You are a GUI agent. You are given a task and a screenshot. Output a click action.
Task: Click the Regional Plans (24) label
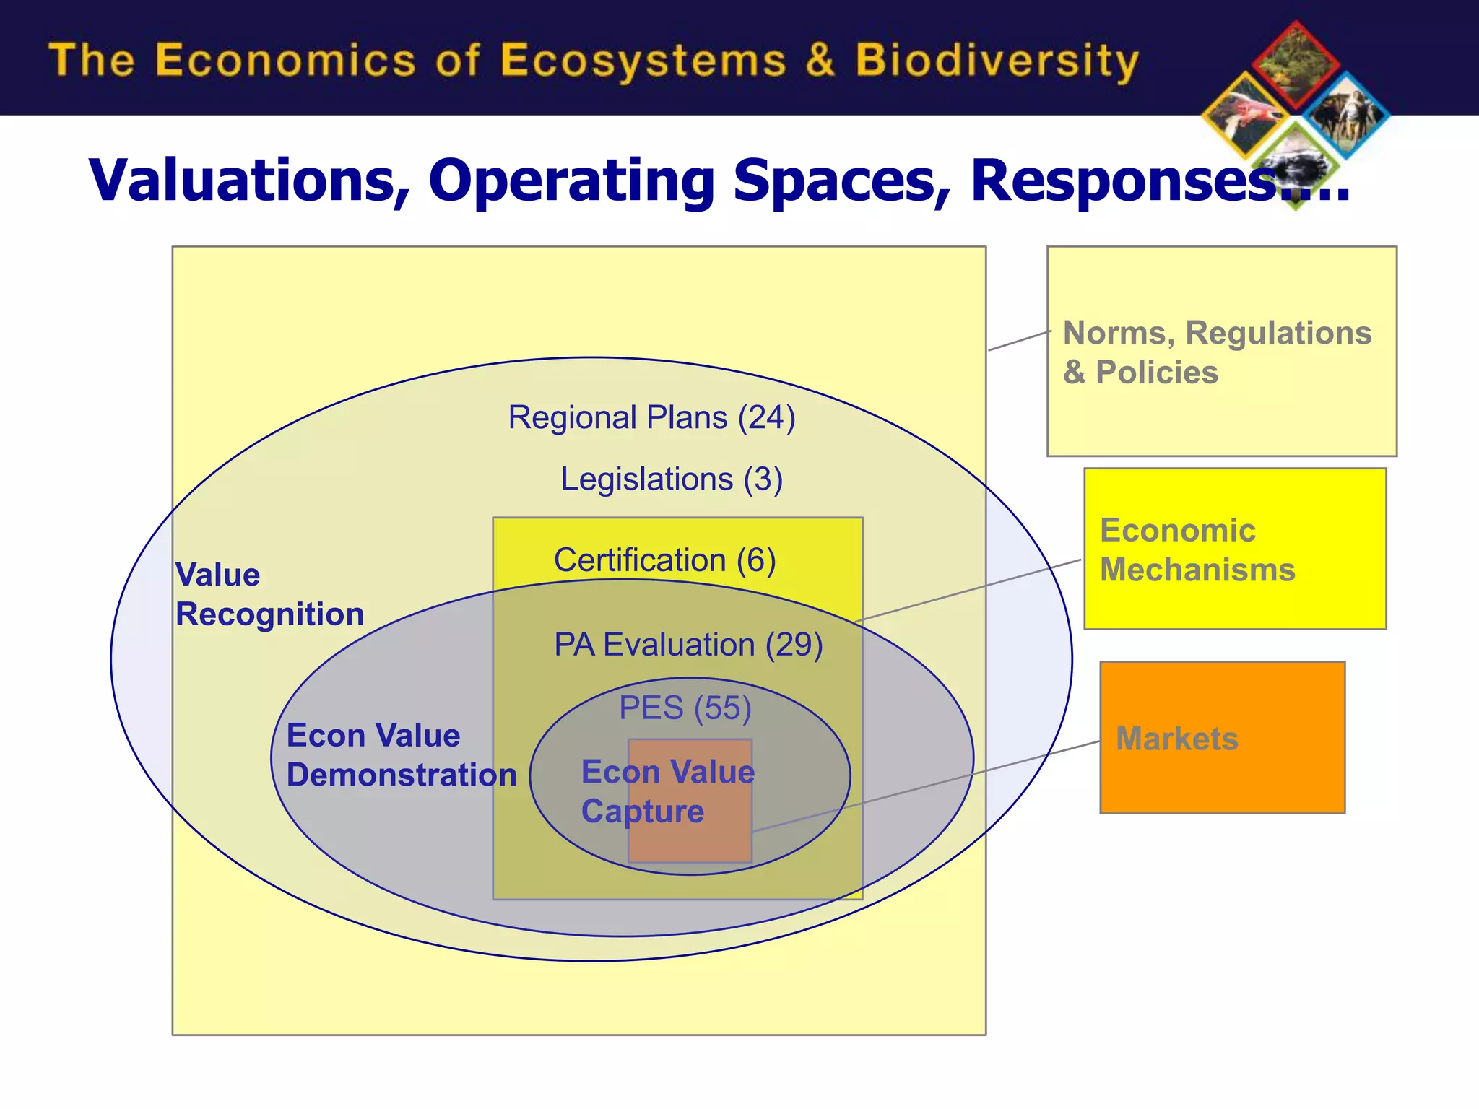651,417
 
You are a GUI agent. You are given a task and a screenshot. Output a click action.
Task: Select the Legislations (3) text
671,479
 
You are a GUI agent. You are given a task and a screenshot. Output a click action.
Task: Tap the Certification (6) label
664,560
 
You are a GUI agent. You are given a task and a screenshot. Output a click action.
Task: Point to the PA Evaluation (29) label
688,645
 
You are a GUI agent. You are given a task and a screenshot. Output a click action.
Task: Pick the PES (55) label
685,708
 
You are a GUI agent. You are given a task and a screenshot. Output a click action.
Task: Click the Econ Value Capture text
667,791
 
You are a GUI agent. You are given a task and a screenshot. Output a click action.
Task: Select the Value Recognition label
269,594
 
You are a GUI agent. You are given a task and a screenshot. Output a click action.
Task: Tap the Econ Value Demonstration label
401,755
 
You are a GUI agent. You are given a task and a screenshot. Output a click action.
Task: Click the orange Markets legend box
1222,737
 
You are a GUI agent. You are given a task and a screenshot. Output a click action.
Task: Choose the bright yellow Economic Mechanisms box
1234,549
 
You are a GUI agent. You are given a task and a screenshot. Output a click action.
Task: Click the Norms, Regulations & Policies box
1221,352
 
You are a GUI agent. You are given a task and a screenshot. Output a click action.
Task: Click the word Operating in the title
571,181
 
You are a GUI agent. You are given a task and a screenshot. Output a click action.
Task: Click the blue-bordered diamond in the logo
1346,116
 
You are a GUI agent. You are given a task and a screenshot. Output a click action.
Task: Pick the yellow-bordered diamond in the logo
1245,116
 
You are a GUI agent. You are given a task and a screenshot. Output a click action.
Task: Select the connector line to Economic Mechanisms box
968,591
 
